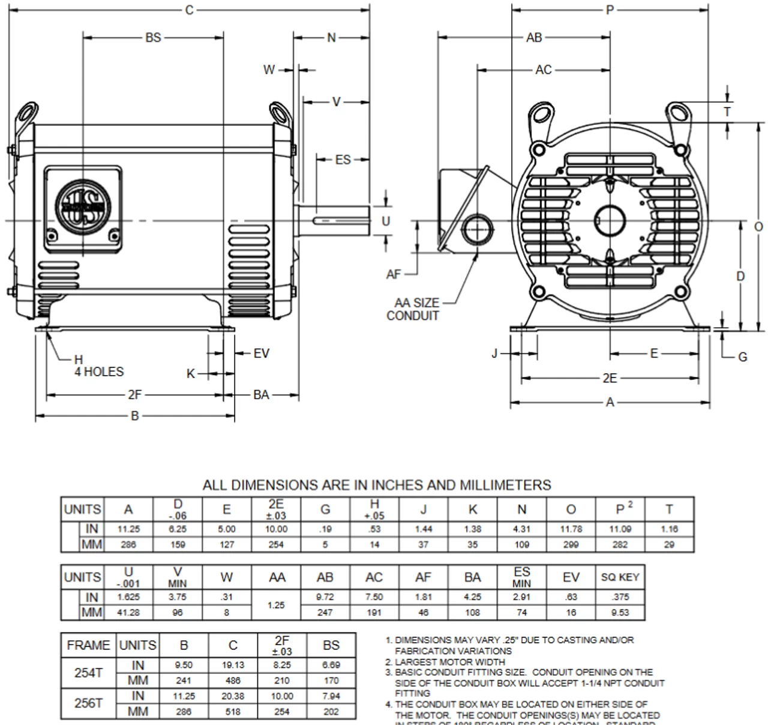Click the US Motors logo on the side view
click(80, 206)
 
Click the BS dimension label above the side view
click(153, 37)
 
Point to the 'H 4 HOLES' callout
click(98, 366)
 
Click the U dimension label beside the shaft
click(386, 221)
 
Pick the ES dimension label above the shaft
click(343, 160)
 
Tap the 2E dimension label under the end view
click(610, 378)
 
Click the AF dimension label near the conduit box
click(393, 274)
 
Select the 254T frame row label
click(88, 673)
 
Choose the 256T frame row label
click(88, 703)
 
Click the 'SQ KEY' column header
click(620, 577)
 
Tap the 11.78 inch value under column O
click(571, 529)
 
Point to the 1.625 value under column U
click(128, 597)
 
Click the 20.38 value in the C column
click(233, 696)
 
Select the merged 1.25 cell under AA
click(276, 605)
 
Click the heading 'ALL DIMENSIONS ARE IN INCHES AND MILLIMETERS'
click(377, 485)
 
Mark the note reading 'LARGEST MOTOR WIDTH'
click(449, 661)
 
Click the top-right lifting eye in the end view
click(679, 113)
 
